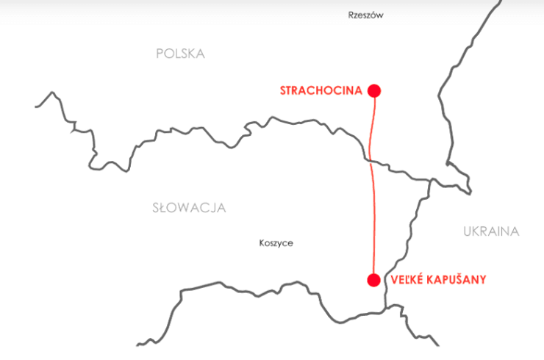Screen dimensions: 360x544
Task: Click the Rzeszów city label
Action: coord(366,15)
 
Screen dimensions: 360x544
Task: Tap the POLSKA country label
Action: coord(180,54)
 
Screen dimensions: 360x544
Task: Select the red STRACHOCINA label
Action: coord(321,91)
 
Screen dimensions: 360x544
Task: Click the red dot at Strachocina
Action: coord(374,91)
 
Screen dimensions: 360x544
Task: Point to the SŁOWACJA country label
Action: coord(189,208)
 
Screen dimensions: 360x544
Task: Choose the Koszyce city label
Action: coord(276,243)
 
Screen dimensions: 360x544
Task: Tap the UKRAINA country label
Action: coord(491,231)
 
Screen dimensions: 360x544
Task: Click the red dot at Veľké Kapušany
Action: coord(373,280)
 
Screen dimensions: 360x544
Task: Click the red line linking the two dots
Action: coord(373,213)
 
